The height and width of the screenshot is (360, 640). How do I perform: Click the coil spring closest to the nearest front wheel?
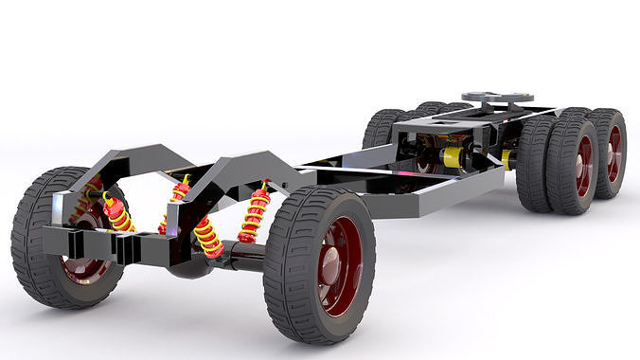click(x=254, y=214)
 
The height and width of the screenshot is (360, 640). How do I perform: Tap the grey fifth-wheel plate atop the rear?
click(x=501, y=99)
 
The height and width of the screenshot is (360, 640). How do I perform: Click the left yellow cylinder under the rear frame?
click(x=452, y=156)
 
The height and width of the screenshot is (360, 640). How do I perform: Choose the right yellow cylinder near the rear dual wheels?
click(x=509, y=159)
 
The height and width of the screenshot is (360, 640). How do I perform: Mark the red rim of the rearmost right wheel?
click(x=613, y=153)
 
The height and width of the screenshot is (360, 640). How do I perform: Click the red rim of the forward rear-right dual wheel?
click(x=584, y=163)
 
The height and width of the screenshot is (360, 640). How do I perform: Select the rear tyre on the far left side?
click(x=383, y=128)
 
